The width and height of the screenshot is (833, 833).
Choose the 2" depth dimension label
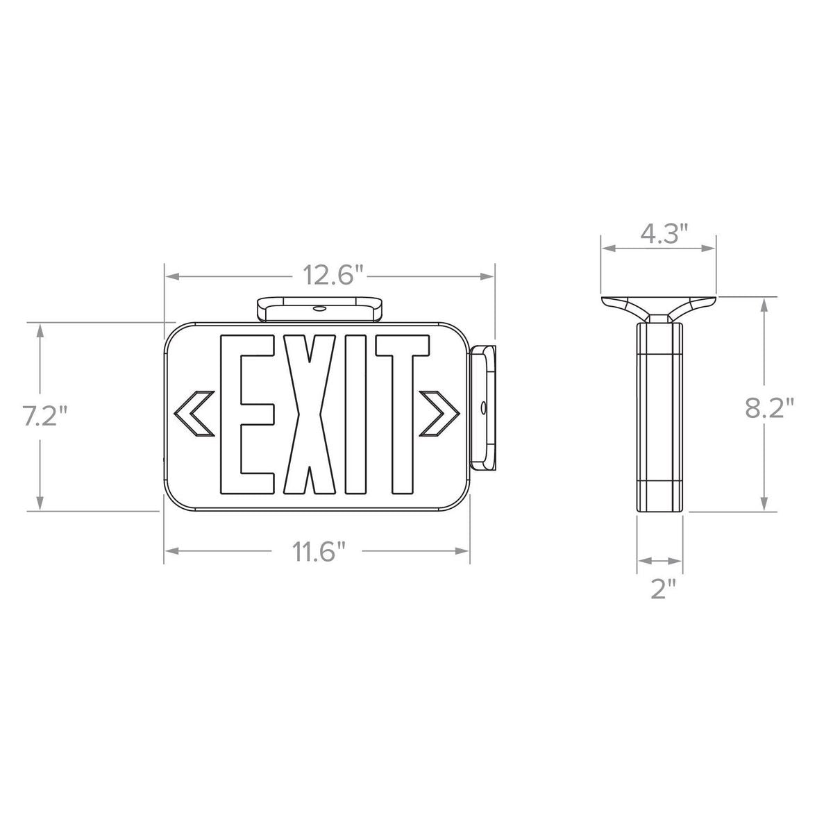663,589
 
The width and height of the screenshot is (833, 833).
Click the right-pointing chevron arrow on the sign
440,414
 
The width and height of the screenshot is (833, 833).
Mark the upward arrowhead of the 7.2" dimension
42,332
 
